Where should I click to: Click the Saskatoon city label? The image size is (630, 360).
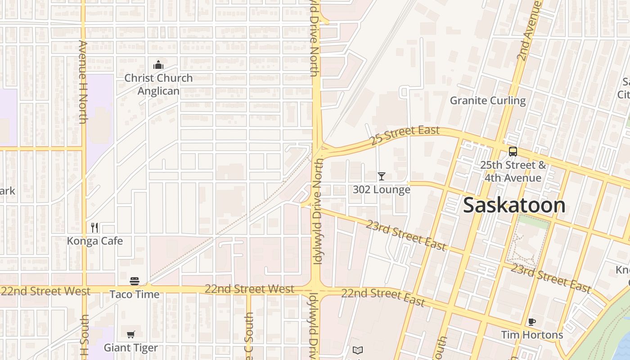[x=514, y=205]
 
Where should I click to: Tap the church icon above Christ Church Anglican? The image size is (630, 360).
[x=158, y=65]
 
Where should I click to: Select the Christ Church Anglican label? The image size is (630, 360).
[x=158, y=84]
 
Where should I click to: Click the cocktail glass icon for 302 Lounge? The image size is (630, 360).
[x=382, y=176]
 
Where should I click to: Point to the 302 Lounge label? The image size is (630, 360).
[x=382, y=189]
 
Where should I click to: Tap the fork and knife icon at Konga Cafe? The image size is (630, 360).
[x=94, y=228]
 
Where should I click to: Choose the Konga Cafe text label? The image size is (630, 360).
[x=94, y=241]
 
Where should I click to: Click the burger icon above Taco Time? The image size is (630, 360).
[x=135, y=281]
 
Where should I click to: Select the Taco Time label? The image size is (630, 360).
[x=135, y=294]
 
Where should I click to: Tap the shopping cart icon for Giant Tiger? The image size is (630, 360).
[x=131, y=334]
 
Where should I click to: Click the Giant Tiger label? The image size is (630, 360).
[x=131, y=348]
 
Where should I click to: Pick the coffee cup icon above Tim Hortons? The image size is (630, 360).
[x=532, y=322]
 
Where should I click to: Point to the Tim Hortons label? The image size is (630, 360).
[x=532, y=335]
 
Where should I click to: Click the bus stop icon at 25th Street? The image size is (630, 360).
[x=513, y=152]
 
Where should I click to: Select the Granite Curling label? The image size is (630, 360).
[x=488, y=100]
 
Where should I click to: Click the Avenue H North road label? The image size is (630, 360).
[x=83, y=82]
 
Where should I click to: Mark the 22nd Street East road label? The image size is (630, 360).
[x=383, y=297]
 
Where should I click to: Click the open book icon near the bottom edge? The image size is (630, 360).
[x=358, y=350]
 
